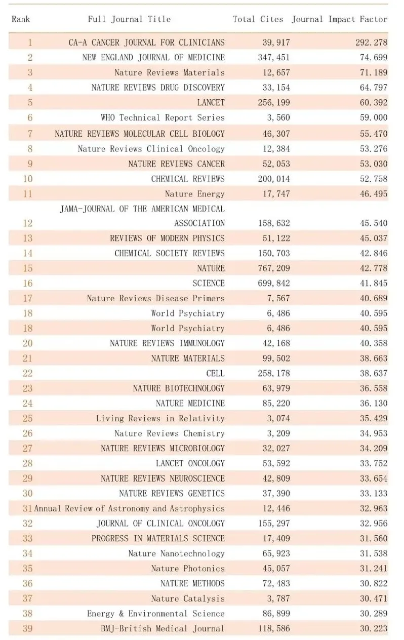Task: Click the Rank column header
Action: [21, 19]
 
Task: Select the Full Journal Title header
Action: [129, 19]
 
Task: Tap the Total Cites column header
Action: [258, 19]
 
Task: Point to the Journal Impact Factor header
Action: [339, 19]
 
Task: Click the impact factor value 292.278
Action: [372, 43]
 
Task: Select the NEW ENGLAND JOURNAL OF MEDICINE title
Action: [153, 57]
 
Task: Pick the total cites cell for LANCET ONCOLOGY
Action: [276, 463]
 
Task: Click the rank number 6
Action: [30, 117]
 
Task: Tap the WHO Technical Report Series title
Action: [163, 117]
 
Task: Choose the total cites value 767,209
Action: [274, 268]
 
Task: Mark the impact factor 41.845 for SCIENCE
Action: [374, 283]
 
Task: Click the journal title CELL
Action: [216, 373]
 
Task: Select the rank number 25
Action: [28, 418]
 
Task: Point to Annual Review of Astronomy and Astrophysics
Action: [130, 508]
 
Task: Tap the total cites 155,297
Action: [274, 523]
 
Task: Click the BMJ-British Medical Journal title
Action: [163, 628]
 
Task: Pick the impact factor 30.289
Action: [374, 614]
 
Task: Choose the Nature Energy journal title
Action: [195, 194]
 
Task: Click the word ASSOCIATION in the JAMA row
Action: [199, 223]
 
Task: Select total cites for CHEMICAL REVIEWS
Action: [274, 179]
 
